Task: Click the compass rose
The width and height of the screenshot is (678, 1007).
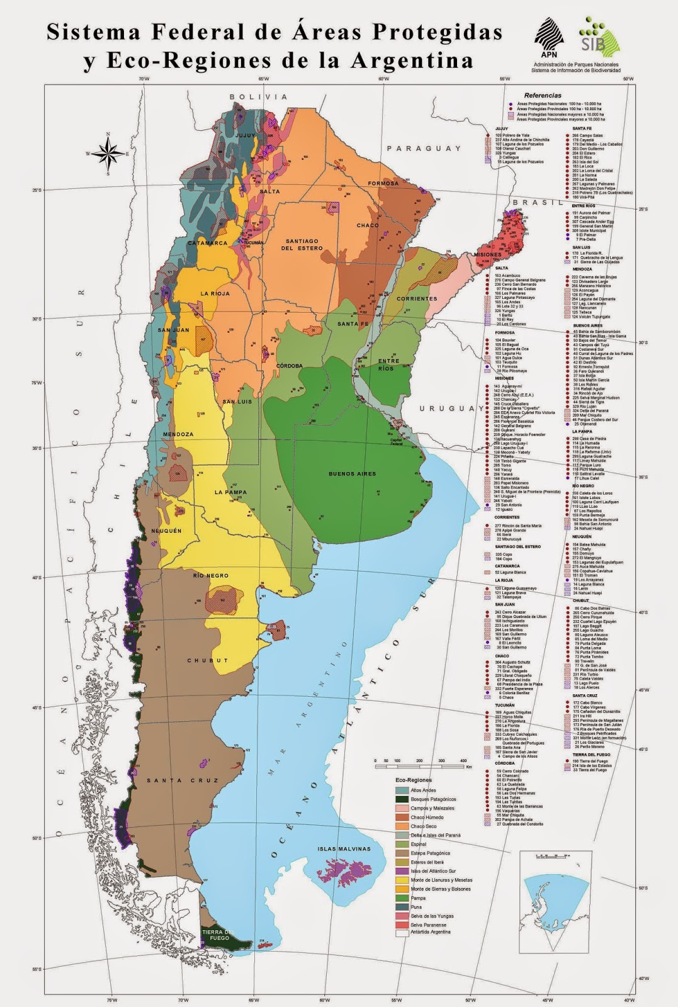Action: click(x=108, y=152)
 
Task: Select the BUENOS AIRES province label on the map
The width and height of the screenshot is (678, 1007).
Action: click(x=352, y=473)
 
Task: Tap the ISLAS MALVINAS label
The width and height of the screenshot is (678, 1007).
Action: click(x=344, y=848)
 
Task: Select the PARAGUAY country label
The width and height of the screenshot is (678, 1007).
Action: click(x=424, y=149)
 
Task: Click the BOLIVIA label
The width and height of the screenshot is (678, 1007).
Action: click(x=258, y=97)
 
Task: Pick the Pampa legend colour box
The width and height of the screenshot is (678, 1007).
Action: click(x=402, y=898)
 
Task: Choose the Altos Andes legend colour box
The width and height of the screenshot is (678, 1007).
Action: click(x=402, y=790)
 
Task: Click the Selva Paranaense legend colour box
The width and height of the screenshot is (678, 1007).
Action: click(x=402, y=925)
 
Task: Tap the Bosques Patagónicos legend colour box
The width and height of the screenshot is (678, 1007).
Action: click(x=402, y=799)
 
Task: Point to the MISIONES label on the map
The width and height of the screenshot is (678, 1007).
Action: click(x=487, y=254)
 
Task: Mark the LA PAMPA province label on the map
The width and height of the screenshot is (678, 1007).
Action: click(x=230, y=492)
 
